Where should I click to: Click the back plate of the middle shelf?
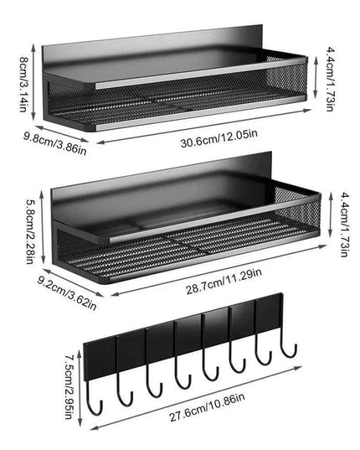point(167,193)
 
